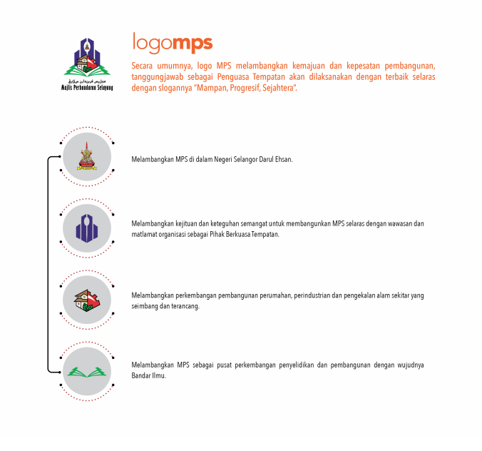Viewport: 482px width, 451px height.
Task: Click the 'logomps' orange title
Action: tap(173, 43)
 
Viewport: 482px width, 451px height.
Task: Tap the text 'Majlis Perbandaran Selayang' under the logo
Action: tap(87, 88)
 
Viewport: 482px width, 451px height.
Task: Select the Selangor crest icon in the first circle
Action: tap(87, 156)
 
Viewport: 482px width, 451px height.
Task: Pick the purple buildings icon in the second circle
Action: tap(87, 228)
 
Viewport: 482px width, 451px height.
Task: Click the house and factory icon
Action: tap(87, 300)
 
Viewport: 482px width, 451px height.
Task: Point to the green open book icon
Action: tap(87, 372)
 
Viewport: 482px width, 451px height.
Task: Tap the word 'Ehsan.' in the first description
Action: tap(284, 159)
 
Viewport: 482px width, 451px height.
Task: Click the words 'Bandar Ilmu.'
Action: tap(149, 375)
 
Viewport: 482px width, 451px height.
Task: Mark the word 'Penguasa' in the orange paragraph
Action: tap(233, 77)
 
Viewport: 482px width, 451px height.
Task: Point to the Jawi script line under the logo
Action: tap(87, 81)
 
